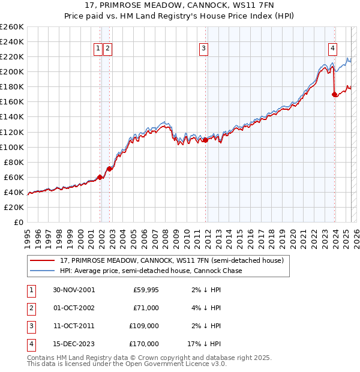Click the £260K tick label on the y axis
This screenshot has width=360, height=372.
(12, 27)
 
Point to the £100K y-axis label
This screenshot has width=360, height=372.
(12, 147)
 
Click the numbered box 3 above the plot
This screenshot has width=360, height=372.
(204, 49)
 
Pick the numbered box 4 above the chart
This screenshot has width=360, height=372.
(332, 49)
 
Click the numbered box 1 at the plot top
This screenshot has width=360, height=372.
(98, 49)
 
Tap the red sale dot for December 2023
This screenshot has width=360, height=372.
(334, 94)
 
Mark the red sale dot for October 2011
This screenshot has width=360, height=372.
(205, 140)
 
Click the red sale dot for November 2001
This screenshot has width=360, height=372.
(100, 176)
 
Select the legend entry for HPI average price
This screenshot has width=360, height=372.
(151, 271)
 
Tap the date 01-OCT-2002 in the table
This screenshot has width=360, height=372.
(74, 308)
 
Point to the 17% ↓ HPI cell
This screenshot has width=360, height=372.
(205, 344)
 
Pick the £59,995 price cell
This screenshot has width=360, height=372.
(146, 290)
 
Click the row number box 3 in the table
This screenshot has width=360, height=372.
(30, 326)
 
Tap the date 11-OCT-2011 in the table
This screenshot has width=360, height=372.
(74, 326)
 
